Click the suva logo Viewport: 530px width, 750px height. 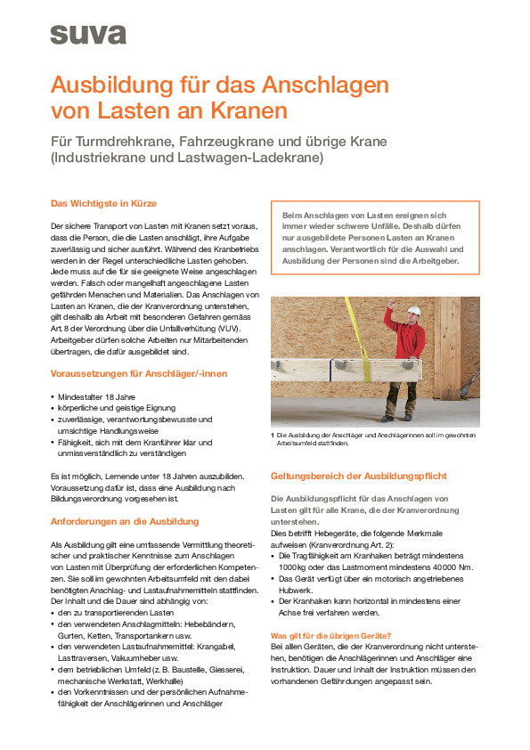coord(87,35)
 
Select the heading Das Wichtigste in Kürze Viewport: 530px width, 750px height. coord(103,204)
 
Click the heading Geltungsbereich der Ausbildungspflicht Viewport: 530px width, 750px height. coord(358,476)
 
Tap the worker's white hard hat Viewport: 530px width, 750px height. coord(412,311)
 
